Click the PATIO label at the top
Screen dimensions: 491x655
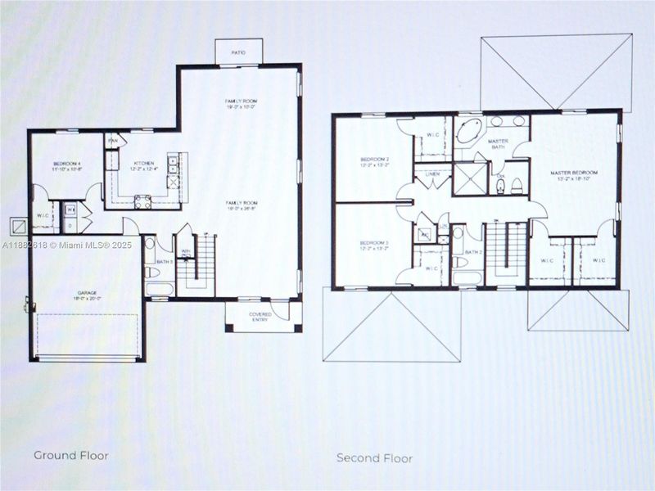[238, 52]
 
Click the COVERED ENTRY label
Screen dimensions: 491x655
[260, 318]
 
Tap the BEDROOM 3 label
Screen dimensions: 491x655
[373, 244]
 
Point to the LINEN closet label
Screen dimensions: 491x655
[431, 174]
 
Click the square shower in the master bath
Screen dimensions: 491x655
[469, 179]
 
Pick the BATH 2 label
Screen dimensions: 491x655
[473, 252]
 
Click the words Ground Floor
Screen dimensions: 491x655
[70, 454]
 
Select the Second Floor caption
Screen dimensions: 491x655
[374, 458]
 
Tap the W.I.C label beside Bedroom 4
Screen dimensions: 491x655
[43, 216]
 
